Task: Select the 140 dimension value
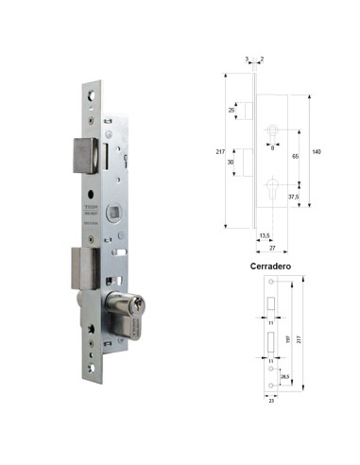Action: point(316,152)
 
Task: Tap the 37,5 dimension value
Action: point(295,198)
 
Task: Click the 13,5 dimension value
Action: point(265,236)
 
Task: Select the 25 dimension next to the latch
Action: point(231,110)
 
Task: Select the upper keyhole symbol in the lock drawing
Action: point(272,129)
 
